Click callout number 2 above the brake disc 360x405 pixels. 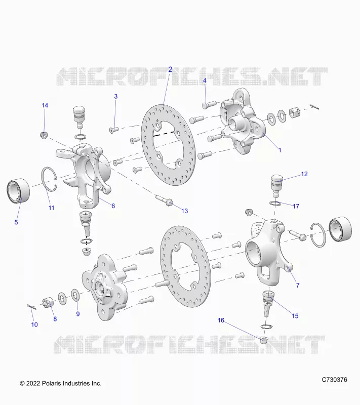tap(170, 69)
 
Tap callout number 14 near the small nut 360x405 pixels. tap(45, 105)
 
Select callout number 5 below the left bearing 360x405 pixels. tap(16, 222)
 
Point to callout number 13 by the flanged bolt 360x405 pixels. tap(184, 211)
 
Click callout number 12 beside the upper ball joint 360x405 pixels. tap(304, 174)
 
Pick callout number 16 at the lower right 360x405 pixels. tap(221, 320)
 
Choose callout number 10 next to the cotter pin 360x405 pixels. tap(34, 325)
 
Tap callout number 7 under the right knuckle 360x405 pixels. tap(298, 285)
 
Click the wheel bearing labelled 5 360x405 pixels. tap(18, 191)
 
